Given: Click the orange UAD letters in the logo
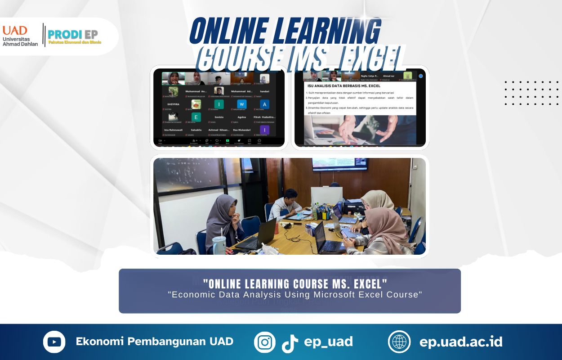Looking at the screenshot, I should click(15, 31).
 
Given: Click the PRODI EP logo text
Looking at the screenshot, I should click(72, 34).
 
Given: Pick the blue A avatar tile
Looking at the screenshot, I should click(264, 104).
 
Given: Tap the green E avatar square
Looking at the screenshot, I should click(196, 117).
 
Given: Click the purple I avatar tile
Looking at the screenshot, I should click(264, 130).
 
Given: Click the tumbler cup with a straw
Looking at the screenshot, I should click(219, 243).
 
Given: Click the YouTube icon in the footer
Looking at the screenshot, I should click(54, 342).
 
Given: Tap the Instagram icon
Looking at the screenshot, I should click(265, 342).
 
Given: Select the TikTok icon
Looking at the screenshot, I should click(290, 343).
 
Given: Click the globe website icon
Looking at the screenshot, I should click(399, 342).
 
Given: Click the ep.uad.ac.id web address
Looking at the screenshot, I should click(461, 342).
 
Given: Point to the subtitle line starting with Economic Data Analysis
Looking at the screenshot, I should click(295, 295).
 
